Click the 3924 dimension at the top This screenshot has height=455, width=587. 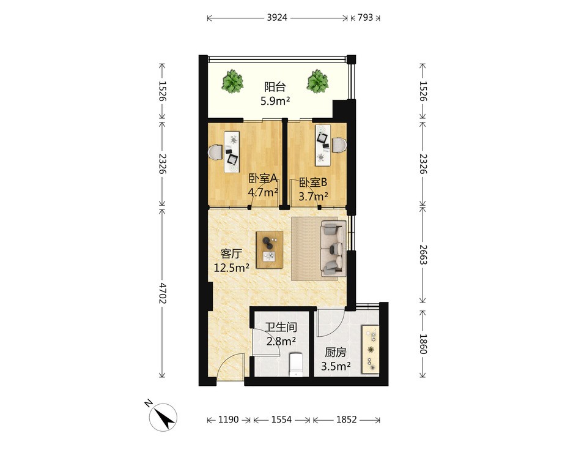[277, 17]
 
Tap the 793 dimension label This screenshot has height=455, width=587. [366, 17]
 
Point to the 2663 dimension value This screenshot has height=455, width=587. [423, 255]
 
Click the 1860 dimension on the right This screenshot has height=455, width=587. [423, 344]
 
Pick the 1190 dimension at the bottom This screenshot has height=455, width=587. [228, 419]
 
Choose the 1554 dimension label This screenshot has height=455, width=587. [281, 419]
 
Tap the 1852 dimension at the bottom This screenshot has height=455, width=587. [346, 419]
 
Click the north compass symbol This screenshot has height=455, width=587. [163, 417]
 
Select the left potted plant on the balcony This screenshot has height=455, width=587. [232, 81]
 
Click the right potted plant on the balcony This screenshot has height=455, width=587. [318, 81]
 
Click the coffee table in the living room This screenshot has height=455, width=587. [270, 250]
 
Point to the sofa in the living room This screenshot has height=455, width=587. [333, 249]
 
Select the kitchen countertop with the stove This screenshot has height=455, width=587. [371, 349]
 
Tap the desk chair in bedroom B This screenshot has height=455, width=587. [339, 145]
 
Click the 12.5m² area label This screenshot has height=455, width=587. [232, 268]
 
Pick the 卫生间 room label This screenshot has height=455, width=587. [281, 328]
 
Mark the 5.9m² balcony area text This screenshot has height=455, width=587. [276, 101]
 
